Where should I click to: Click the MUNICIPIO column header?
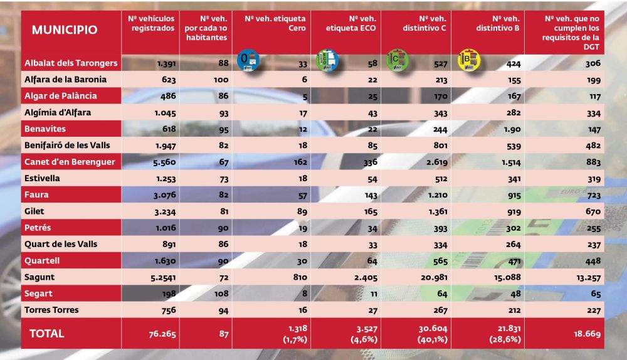[65, 30]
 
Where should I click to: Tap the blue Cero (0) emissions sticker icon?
[248, 60]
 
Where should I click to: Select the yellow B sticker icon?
[468, 60]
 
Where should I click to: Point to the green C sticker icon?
[398, 60]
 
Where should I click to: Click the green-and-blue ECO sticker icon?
[327, 60]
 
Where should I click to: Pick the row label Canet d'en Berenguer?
[70, 162]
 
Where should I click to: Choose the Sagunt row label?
[39, 277]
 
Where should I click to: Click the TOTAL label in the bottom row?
[47, 334]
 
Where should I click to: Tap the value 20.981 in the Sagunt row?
[434, 277]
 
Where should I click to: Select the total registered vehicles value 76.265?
[162, 334]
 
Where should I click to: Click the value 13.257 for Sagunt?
[588, 278]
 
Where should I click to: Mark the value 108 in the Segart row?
[221, 294]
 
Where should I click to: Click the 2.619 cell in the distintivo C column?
[436, 162]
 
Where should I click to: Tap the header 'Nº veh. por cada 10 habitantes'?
[206, 28]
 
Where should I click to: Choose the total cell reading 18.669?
[587, 334]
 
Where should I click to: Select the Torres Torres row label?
[51, 310]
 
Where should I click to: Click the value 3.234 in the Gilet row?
[165, 211]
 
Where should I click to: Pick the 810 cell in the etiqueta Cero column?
[300, 277]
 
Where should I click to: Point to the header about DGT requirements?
[571, 33]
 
